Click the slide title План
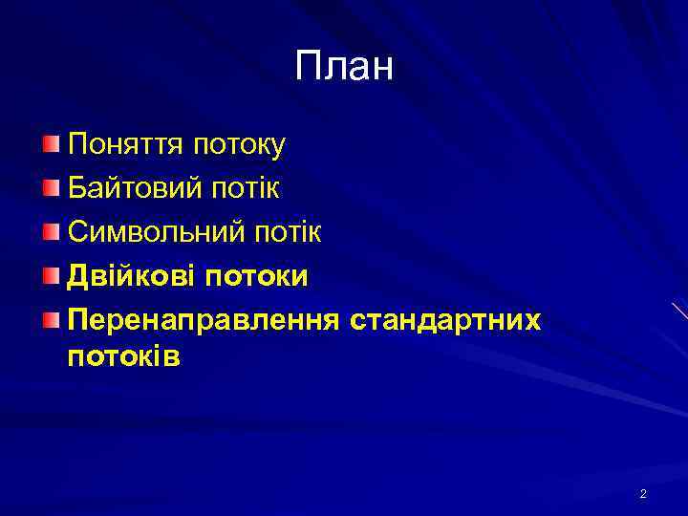tap(344, 67)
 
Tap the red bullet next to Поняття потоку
tap(51, 144)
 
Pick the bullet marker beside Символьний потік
tap(51, 232)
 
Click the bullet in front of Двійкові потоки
tap(51, 276)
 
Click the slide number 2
tap(643, 494)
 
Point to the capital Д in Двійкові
tap(78, 277)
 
